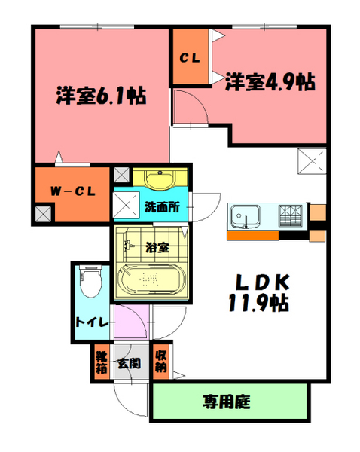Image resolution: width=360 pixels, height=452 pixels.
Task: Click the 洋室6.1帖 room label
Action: [x=100, y=96]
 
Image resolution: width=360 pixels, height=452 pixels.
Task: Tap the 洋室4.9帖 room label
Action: [x=269, y=81]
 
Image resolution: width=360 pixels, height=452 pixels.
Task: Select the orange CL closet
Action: [x=189, y=57]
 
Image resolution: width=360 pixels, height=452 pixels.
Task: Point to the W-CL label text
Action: [x=72, y=191]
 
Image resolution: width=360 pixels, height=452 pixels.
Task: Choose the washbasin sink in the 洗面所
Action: [x=159, y=180]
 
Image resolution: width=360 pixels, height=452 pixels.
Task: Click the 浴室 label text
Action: [x=157, y=246]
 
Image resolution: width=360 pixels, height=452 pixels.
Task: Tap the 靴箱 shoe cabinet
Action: [x=100, y=362]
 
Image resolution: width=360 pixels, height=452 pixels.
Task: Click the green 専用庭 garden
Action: [x=230, y=402]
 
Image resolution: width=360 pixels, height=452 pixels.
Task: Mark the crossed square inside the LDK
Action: [x=312, y=161]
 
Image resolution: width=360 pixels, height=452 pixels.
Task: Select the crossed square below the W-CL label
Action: [x=43, y=214]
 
